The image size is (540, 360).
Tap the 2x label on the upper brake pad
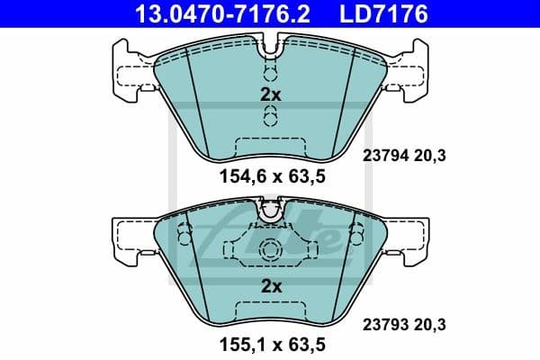point(270,95)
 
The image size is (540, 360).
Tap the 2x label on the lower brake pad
point(270,285)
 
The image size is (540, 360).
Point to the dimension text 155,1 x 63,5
point(269,342)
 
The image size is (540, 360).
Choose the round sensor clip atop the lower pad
point(270,211)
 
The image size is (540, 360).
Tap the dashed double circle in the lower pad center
point(270,253)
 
